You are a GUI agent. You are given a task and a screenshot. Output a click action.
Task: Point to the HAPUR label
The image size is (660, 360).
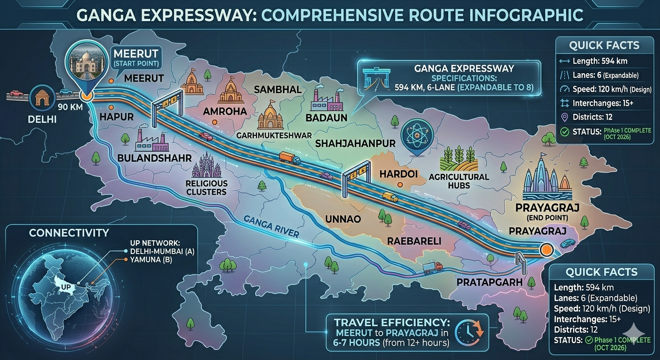coord(117,116)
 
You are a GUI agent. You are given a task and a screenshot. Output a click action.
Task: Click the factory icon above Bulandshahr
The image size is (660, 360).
coord(151,140)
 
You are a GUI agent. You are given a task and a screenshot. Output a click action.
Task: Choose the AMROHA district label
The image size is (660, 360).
coord(225,112)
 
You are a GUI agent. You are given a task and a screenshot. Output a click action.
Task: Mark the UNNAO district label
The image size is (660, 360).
coord(344,218)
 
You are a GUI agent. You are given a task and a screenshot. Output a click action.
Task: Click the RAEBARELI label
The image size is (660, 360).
coord(414,241)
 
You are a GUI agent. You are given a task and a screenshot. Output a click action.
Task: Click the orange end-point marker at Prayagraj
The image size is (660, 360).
coord(546,249)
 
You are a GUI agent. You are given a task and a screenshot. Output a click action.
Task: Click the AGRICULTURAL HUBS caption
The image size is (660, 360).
coord(458,181)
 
